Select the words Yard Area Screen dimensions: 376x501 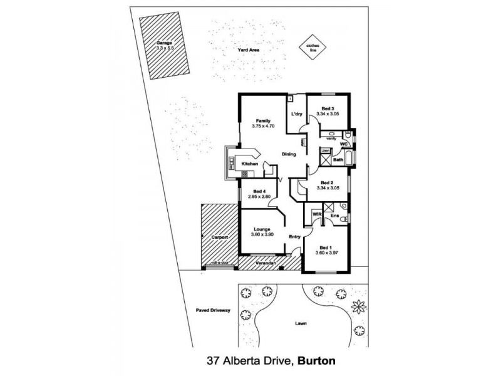[248, 50]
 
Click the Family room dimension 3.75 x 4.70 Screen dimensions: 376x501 [263, 125]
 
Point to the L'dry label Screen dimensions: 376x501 [296, 114]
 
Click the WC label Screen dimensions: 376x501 [343, 144]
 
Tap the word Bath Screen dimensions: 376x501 [338, 160]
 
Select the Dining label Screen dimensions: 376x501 [289, 154]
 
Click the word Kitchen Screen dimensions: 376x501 [250, 164]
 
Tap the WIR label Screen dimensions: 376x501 [316, 214]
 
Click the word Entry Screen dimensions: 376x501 [296, 236]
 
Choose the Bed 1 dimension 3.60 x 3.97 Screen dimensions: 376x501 [328, 252]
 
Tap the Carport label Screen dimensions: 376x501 [219, 238]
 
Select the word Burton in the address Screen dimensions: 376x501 [317, 361]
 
